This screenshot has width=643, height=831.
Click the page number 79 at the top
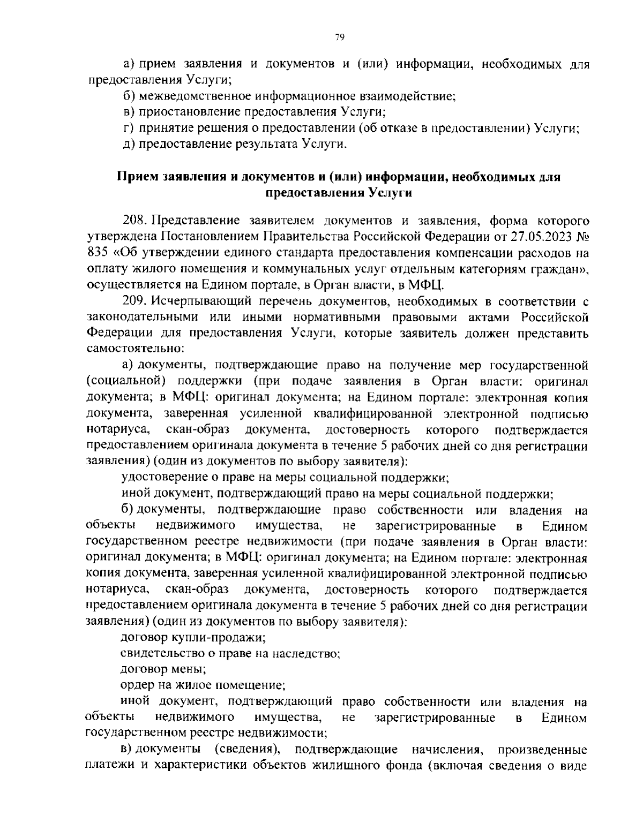339,37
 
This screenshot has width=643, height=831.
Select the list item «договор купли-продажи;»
193,638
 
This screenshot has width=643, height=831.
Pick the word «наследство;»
306,653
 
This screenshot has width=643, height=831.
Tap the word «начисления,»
447,749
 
